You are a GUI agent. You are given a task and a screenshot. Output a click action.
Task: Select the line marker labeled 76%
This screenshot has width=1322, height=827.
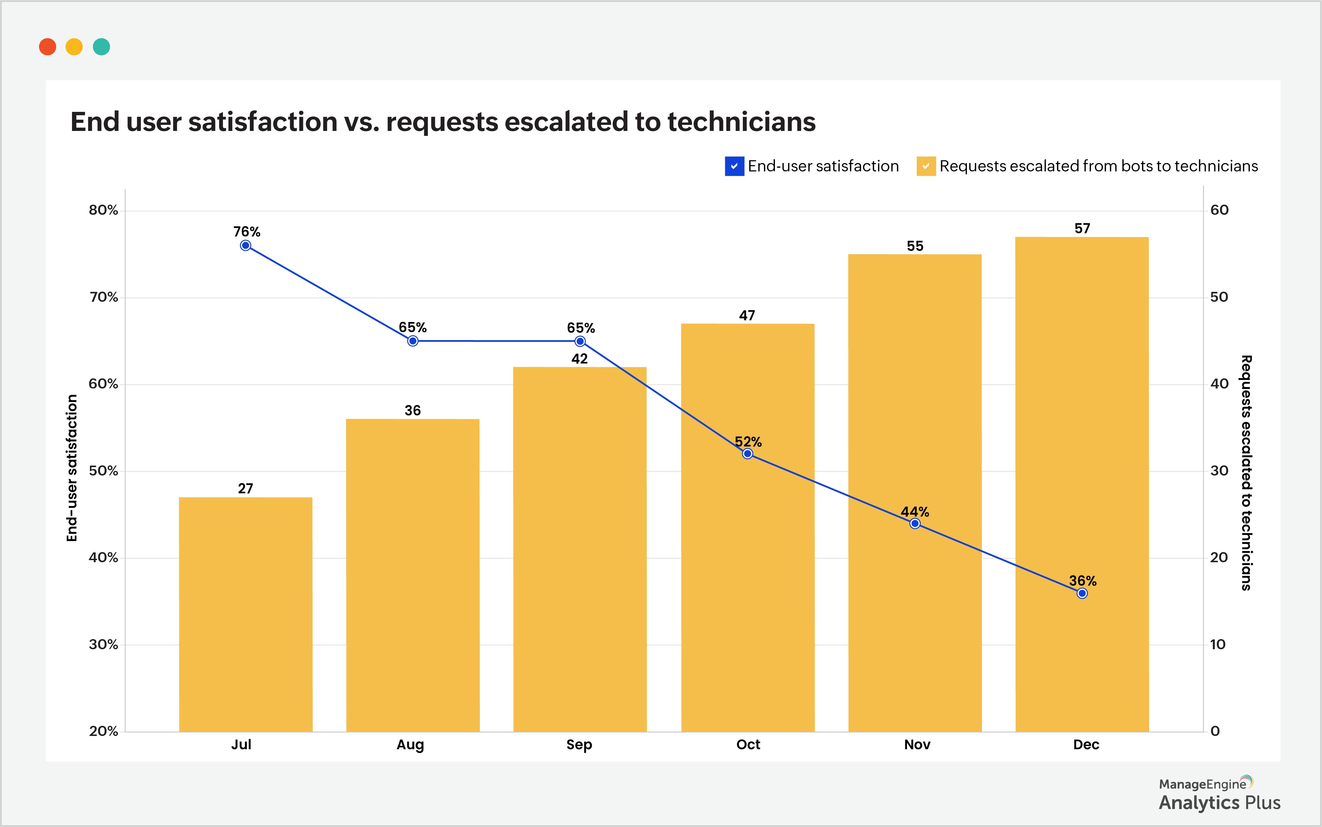pyautogui.click(x=245, y=246)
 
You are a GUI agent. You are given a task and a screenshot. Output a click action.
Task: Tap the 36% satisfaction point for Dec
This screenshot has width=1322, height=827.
pyautogui.click(x=1082, y=593)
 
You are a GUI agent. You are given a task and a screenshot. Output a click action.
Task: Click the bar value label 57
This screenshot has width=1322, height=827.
pyautogui.click(x=1082, y=229)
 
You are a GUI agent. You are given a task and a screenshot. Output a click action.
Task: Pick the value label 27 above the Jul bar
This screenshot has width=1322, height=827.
pyautogui.click(x=245, y=489)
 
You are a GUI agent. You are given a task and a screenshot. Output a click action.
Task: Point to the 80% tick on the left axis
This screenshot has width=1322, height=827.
pyautogui.click(x=104, y=210)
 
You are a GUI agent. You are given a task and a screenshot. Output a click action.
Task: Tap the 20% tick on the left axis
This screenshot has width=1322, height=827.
pyautogui.click(x=104, y=731)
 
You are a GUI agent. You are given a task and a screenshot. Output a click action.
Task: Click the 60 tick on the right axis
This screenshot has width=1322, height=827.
pyautogui.click(x=1219, y=210)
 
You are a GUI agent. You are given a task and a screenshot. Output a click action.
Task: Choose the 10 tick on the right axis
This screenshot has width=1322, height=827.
pyautogui.click(x=1218, y=644)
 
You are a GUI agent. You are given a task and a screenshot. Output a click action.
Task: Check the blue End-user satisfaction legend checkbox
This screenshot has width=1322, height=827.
pyautogui.click(x=734, y=166)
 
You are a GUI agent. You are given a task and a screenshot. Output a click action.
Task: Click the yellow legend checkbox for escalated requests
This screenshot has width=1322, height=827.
pyautogui.click(x=926, y=166)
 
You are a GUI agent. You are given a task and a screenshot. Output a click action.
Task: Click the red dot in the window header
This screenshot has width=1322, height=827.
pyautogui.click(x=48, y=47)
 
